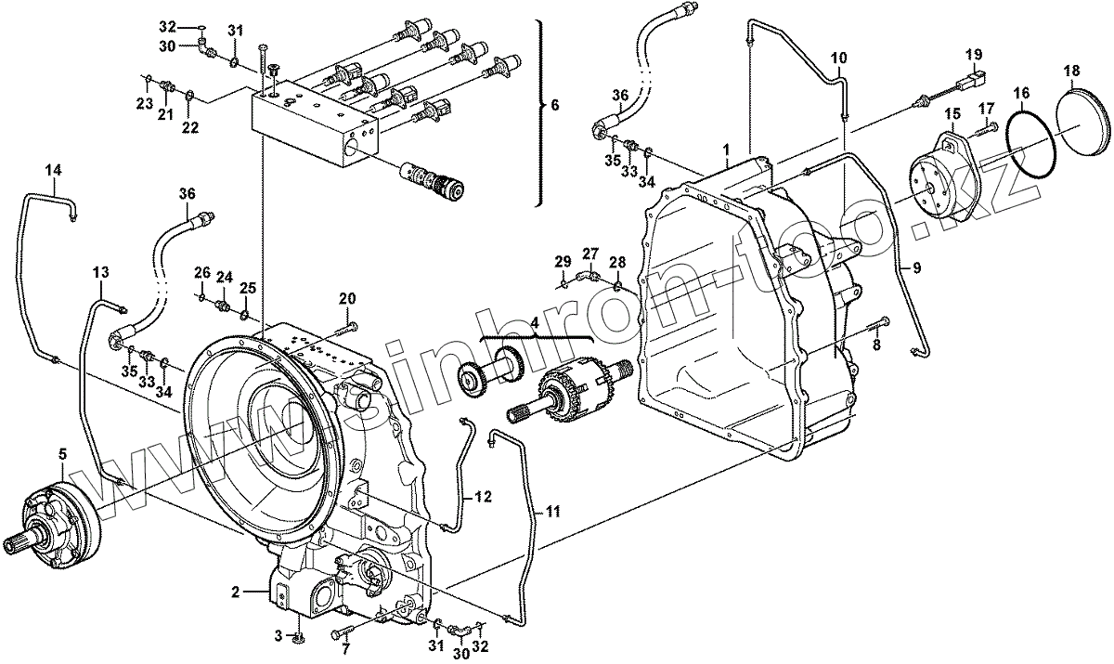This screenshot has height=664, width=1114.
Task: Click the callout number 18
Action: click(1071, 71)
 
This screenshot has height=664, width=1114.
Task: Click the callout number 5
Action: click(62, 453)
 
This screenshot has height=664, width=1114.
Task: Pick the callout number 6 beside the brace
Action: click(555, 105)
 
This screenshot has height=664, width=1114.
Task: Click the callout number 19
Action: click(975, 54)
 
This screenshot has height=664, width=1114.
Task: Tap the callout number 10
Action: click(838, 58)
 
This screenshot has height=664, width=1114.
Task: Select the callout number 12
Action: click(484, 497)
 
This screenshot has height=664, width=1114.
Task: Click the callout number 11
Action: click(553, 511)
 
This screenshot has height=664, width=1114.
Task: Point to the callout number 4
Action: click(535, 323)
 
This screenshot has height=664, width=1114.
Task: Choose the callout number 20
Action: click(347, 298)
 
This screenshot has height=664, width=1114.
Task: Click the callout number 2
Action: click(235, 592)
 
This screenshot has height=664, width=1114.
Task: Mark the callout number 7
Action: click(346, 649)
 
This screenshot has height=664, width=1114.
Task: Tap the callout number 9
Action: click(916, 268)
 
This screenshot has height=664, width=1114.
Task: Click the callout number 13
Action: click(101, 272)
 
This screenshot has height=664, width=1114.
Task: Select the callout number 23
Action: click(144, 103)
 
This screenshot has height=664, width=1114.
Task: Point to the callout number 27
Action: click(590, 254)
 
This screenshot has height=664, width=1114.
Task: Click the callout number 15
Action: click(952, 114)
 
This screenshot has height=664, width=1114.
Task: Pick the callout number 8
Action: click(876, 345)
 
